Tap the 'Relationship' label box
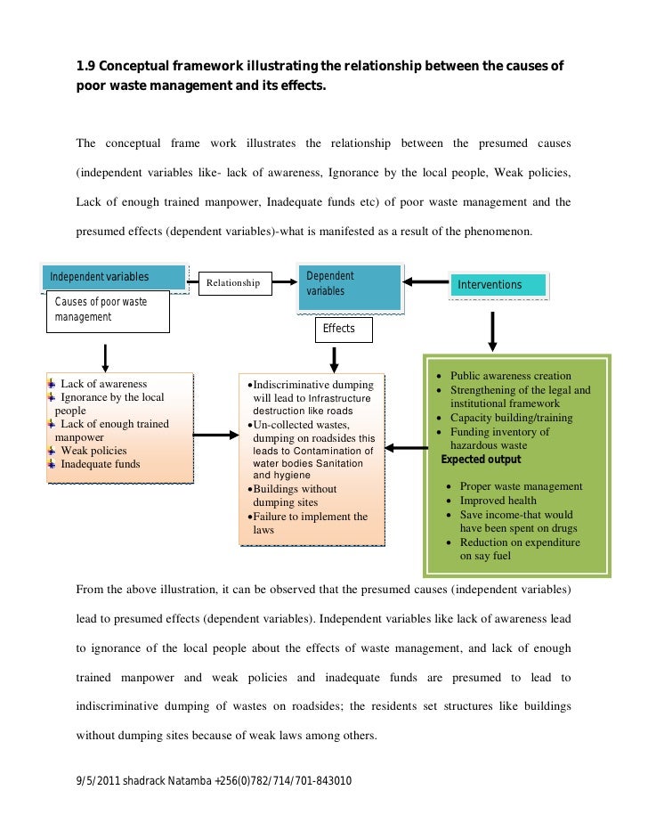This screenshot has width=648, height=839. click(232, 283)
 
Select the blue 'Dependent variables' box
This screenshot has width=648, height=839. click(350, 285)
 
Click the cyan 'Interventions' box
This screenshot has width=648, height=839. click(498, 285)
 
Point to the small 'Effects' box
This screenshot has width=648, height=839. click(339, 330)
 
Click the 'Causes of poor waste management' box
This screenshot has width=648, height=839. click(107, 313)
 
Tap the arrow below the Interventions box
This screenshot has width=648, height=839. click(492, 333)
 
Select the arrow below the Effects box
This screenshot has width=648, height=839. click(335, 359)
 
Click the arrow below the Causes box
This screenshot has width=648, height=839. click(106, 356)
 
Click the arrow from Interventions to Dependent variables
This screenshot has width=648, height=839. click(427, 283)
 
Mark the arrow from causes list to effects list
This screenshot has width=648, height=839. click(215, 436)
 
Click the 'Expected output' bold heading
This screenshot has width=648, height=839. click(488, 460)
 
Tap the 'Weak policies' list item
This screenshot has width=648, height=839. click(93, 451)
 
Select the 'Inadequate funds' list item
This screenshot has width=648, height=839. click(100, 464)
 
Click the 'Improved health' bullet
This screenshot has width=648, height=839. click(500, 501)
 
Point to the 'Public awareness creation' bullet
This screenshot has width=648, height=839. click(510, 377)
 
